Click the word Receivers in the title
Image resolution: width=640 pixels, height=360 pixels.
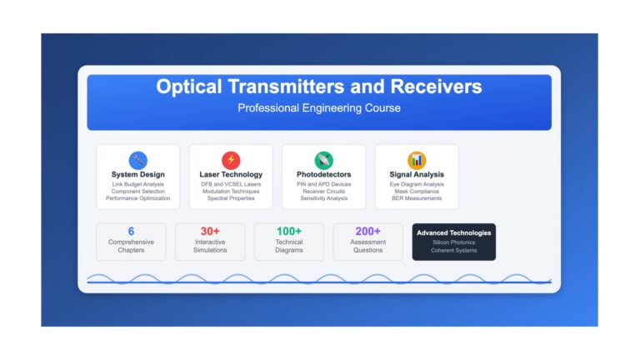coord(436,87)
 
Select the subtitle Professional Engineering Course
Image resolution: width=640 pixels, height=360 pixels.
coord(319,108)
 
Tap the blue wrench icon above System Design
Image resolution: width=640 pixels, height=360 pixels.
coord(138,160)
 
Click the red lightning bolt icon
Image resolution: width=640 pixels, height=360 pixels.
coord(231,160)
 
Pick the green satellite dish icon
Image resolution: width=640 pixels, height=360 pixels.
coord(323,160)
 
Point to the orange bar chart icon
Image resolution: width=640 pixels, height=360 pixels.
coord(417,160)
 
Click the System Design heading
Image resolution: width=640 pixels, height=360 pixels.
coord(138,174)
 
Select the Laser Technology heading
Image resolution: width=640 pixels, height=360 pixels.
coord(231,174)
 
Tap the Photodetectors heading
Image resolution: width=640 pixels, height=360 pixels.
coord(323,174)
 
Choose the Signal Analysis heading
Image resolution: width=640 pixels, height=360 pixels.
coord(417,174)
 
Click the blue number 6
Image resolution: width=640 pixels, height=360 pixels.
coord(131,231)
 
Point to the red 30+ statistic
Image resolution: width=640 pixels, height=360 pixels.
coord(210,231)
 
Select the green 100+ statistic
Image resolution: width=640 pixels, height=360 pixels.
coord(289,231)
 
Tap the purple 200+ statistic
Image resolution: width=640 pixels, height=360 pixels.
coord(367,231)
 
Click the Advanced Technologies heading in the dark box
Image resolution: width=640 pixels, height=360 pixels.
coord(454,232)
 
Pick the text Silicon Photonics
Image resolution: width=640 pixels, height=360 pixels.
coord(454,242)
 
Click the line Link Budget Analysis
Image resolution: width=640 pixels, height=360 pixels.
coord(138,184)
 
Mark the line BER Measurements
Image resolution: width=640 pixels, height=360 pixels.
coord(417,198)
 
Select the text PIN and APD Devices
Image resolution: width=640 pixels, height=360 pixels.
coord(323,184)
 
